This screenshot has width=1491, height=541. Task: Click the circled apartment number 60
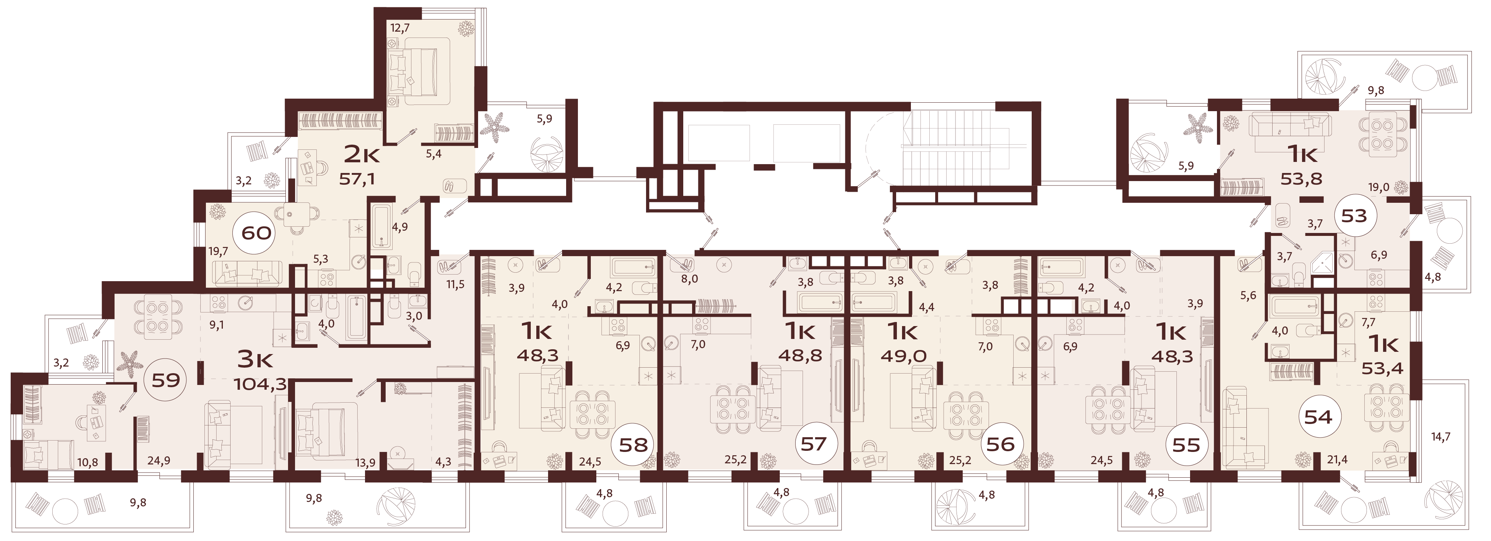point(256,233)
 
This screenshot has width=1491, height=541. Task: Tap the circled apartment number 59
point(165,380)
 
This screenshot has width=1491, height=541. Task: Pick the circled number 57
point(813,444)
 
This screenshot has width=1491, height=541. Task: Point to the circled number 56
point(1000,444)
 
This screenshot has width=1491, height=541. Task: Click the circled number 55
point(1186,445)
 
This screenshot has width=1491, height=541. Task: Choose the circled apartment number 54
point(1318,417)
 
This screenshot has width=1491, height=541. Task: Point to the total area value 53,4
point(1382,368)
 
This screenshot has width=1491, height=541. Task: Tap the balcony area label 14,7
point(1441,437)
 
